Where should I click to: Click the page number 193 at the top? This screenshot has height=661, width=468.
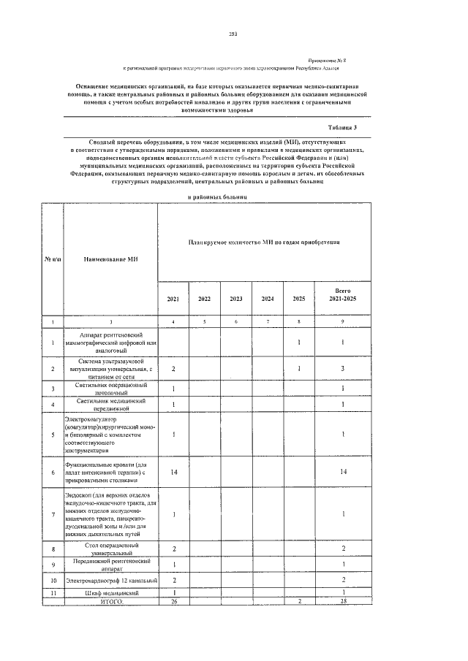point(233,34)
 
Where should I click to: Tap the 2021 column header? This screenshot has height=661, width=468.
point(173,299)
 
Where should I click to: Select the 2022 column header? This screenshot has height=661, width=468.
point(205,299)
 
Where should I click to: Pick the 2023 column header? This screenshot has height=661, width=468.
point(236,299)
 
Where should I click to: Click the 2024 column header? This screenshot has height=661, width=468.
point(268,299)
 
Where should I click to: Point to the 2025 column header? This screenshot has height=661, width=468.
point(299,299)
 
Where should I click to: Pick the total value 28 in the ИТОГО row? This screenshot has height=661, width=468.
point(343,600)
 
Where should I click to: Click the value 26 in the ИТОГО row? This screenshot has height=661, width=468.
point(173,600)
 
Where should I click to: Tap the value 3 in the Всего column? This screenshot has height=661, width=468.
point(343,368)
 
